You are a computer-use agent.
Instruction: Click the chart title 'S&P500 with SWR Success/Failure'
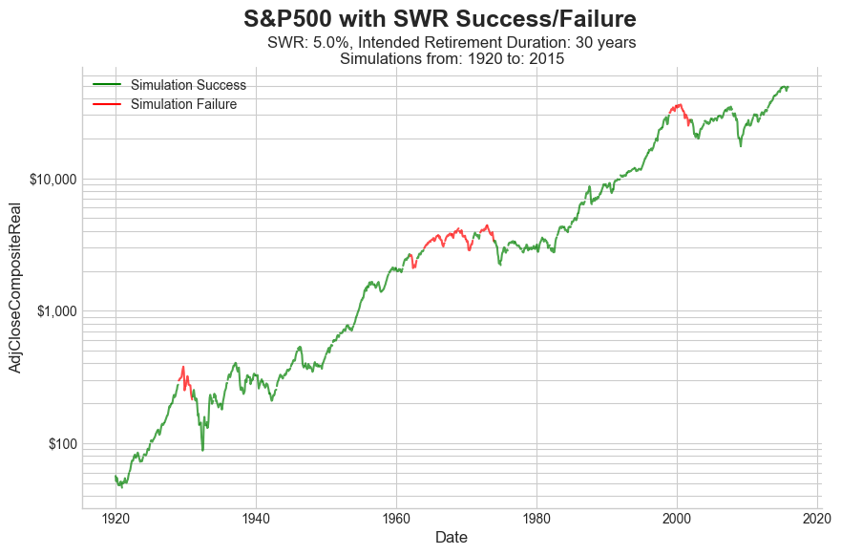pos(439,18)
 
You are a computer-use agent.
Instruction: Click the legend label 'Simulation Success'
pos(188,85)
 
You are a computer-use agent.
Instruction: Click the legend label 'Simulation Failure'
pos(183,104)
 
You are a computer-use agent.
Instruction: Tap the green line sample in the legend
pos(107,85)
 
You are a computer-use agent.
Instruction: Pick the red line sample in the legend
pos(107,104)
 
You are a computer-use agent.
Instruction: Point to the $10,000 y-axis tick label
pos(52,180)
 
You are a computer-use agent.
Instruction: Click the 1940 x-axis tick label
pos(256,519)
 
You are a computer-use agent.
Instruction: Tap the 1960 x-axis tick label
pos(396,519)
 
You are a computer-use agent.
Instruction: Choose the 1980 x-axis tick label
pos(536,519)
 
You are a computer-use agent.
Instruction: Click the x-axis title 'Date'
pos(451,538)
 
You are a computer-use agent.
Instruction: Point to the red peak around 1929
pos(182,367)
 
